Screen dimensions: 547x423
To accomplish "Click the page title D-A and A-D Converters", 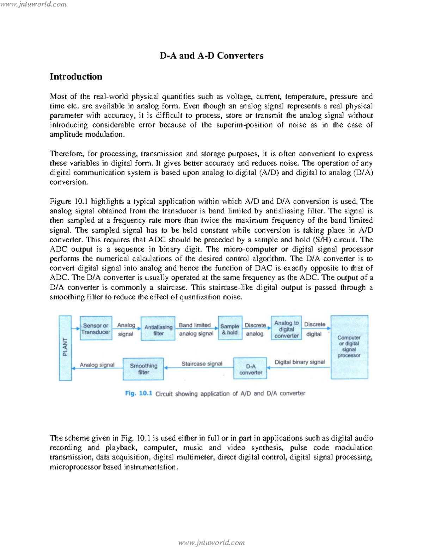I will pos(211,56).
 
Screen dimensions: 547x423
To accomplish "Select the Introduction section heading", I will pos(76,77).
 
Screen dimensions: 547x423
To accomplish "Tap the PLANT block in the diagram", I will pos(65,348).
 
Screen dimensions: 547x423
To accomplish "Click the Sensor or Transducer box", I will pos(96,328).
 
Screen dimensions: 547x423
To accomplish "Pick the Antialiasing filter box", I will pos(158,330).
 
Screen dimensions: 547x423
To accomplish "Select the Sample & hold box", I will pos(230,329).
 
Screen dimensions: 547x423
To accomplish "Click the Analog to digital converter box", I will pos(286,329).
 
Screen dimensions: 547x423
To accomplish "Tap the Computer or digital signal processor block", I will pos(349,347).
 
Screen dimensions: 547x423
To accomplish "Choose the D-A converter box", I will pos(250,369).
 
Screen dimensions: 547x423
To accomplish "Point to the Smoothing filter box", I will pos(143,369).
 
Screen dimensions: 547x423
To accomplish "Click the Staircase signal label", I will pos(202,363).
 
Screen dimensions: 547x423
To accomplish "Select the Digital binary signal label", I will pos(300,362).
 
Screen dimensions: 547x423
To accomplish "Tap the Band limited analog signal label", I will pos(196,329).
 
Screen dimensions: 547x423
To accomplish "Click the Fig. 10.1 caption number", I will pos(139,393).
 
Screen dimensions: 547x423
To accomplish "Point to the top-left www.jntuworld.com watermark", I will pos(33,4).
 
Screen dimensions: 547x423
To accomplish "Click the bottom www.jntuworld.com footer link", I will pos(211,542).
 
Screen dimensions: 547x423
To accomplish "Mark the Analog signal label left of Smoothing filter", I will pos(97,365).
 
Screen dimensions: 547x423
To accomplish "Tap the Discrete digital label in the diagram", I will pos(314,329).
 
